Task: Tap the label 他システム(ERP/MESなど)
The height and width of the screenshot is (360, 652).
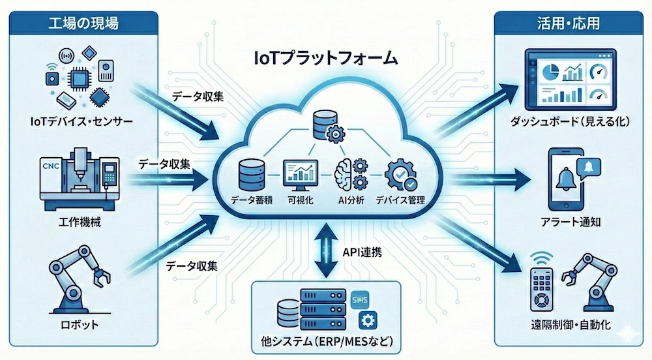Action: [327, 342]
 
